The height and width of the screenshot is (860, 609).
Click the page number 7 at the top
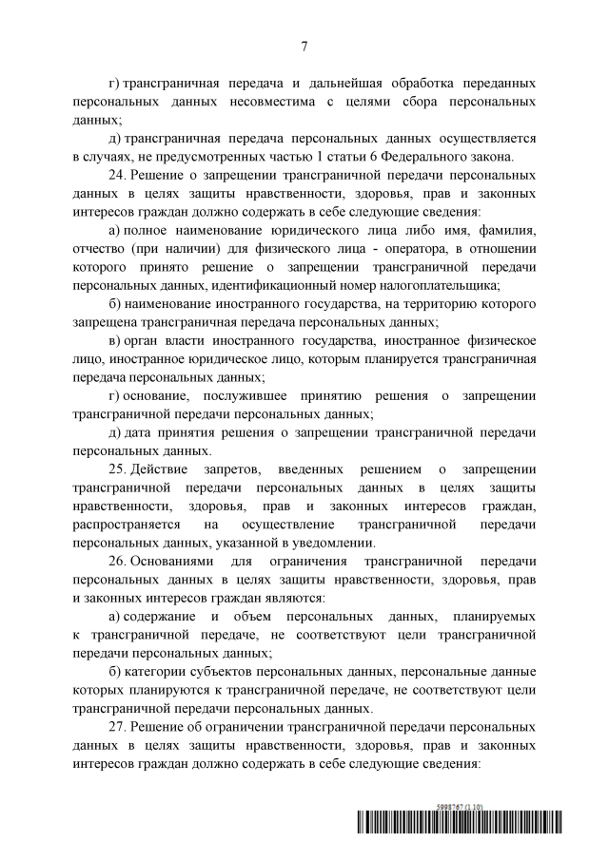[304, 45]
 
